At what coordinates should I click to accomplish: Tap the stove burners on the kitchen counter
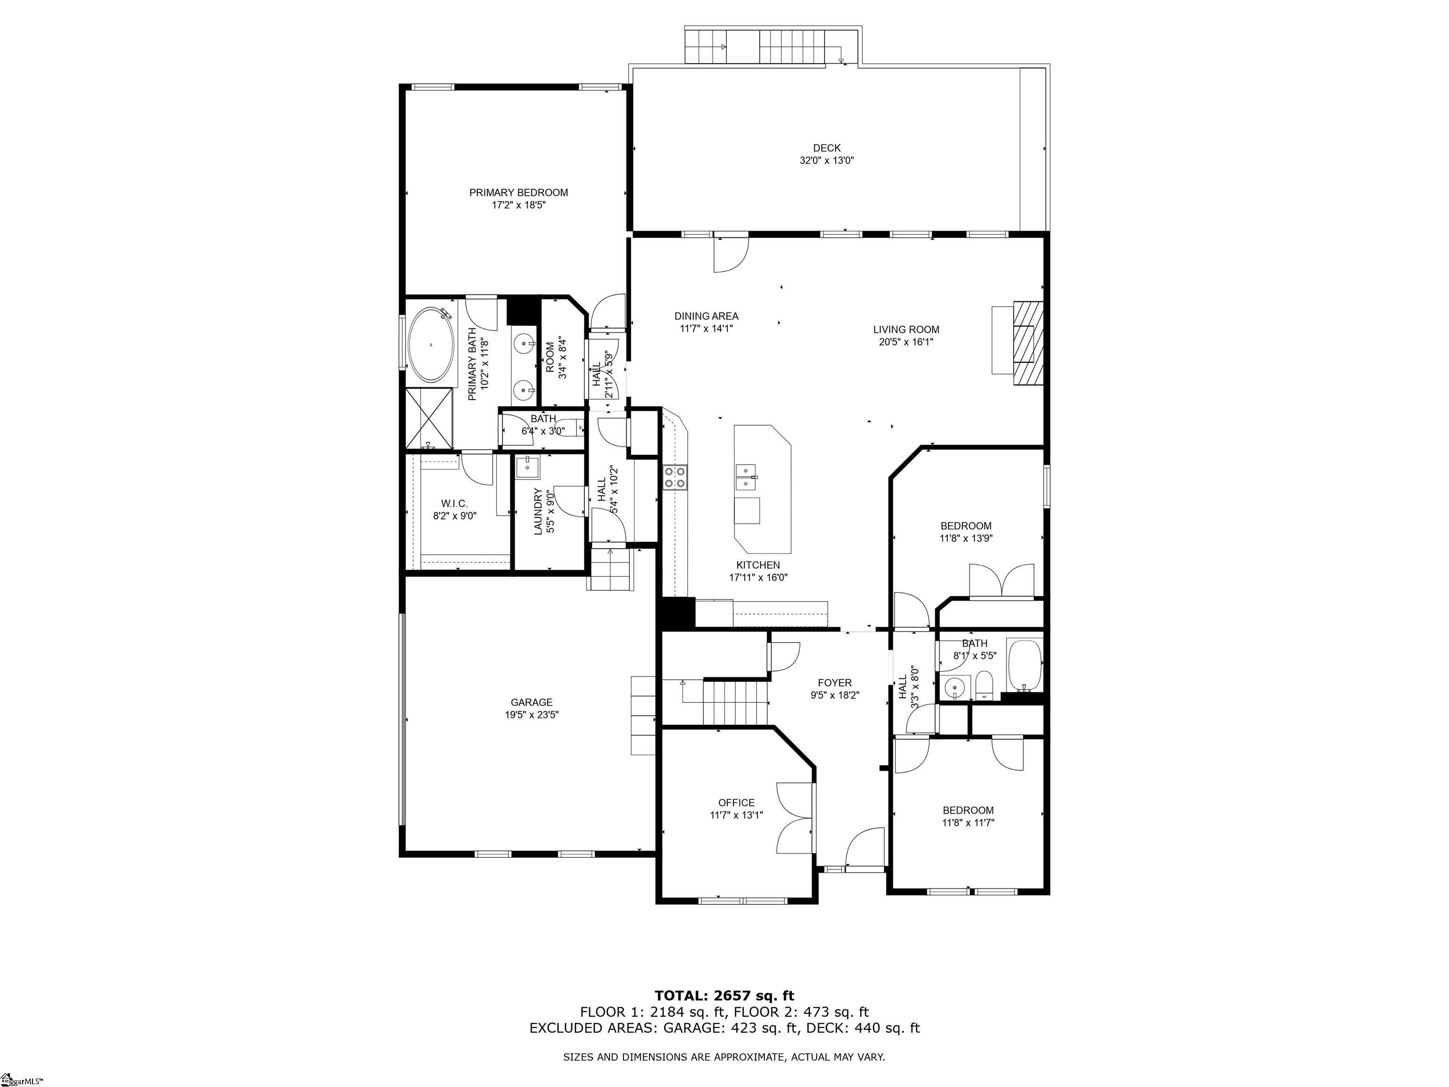[675, 477]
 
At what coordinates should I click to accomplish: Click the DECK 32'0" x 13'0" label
[827, 154]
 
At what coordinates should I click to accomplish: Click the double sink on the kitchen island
[746, 477]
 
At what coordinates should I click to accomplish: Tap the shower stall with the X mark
[429, 418]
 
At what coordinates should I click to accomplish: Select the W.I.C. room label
[454, 503]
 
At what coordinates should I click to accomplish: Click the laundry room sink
[527, 467]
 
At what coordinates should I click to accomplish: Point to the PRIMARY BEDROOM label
[518, 192]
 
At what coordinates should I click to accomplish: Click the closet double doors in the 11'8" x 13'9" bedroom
[1001, 580]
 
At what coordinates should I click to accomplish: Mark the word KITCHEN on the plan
[758, 565]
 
